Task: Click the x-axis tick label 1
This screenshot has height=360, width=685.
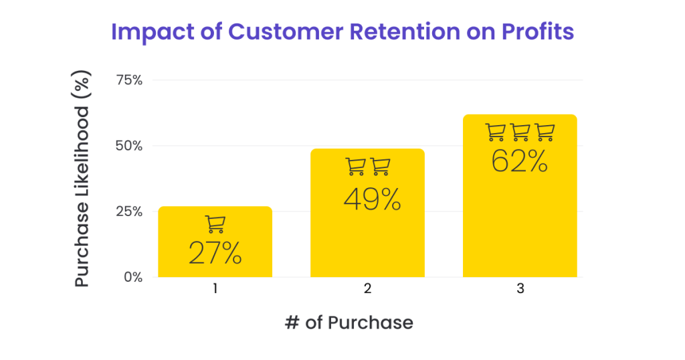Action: click(215, 290)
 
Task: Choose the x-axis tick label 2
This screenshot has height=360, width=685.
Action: click(367, 290)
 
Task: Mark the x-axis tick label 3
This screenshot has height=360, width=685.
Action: click(520, 290)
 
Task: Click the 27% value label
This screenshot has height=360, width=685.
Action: click(215, 254)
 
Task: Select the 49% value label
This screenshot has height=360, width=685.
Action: click(373, 199)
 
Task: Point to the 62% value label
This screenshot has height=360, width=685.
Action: click(520, 161)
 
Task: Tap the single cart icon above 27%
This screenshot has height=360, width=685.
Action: click(215, 224)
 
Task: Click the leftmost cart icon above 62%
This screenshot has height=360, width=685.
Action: click(495, 132)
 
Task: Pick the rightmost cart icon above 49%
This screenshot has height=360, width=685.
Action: click(381, 167)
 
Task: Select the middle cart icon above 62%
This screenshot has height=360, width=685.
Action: click(520, 132)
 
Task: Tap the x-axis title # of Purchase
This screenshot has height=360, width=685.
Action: click(349, 323)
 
